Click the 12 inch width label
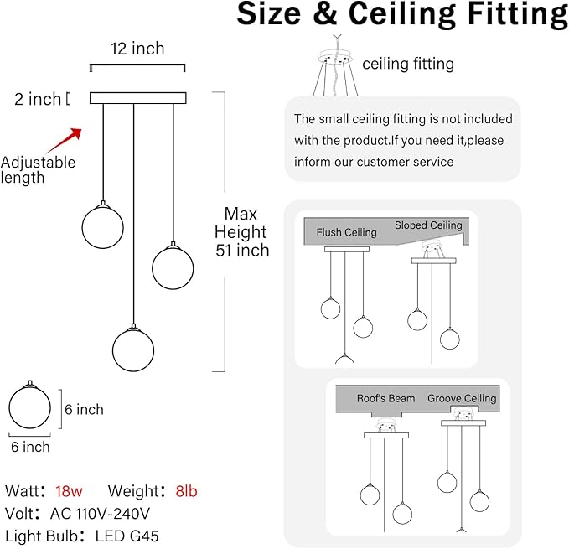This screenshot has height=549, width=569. pyautogui.click(x=137, y=49)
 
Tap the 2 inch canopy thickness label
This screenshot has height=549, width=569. pyautogui.click(x=38, y=99)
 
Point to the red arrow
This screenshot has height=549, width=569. pyautogui.click(x=65, y=140)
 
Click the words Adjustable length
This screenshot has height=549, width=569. pyautogui.click(x=38, y=170)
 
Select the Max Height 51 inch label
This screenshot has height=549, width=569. pyautogui.click(x=241, y=232)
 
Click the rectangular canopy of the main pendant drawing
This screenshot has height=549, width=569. pyautogui.click(x=138, y=98)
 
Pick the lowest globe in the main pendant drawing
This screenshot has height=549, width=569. pyautogui.click(x=133, y=350)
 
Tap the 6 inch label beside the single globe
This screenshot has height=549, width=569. pyautogui.click(x=84, y=409)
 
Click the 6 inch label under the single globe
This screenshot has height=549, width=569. pyautogui.click(x=30, y=447)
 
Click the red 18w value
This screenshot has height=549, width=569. pyautogui.click(x=69, y=491)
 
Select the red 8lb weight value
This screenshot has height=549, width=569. pyautogui.click(x=186, y=491)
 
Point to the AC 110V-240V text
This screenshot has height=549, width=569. pyautogui.click(x=100, y=514)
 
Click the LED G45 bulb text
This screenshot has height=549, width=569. pyautogui.click(x=127, y=536)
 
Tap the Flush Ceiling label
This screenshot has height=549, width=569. pyautogui.click(x=347, y=232)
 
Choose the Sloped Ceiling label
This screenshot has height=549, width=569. pyautogui.click(x=428, y=225)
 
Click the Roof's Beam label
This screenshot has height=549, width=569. pyautogui.click(x=385, y=398)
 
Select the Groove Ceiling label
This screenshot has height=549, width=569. pyautogui.click(x=462, y=398)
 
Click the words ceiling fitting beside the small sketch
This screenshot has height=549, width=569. pyautogui.click(x=408, y=64)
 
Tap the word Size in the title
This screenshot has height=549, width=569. pyautogui.click(x=269, y=13)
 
